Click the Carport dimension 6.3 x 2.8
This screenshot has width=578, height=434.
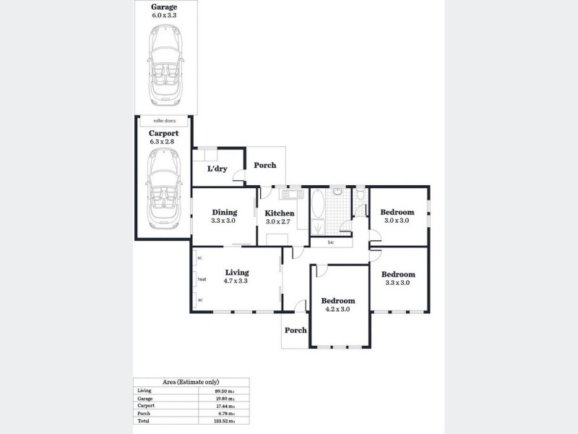coord(163,142)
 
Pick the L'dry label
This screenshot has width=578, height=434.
coord(217,169)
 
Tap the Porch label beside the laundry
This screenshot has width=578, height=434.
coord(265,166)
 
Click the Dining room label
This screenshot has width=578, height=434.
coord(224,212)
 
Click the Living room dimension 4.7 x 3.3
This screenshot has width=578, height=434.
coord(236,281)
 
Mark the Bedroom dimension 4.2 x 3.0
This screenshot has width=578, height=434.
coord(337,309)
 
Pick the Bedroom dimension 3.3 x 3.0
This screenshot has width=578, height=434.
coord(398,283)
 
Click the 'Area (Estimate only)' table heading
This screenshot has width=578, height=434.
coord(191,382)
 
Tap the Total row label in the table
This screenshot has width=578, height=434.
coord(144,420)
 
